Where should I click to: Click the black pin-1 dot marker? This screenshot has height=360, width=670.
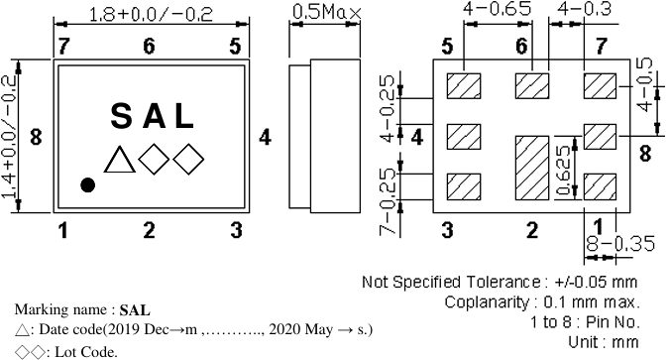click(x=88, y=184)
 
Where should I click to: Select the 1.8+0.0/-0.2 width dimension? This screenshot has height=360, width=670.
click(x=150, y=15)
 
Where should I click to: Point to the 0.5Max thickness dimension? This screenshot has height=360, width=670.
click(x=326, y=14)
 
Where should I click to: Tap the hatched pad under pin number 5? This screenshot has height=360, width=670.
click(x=464, y=85)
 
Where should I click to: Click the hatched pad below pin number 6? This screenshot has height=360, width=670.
click(x=532, y=85)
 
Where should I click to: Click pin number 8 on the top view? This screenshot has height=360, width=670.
click(x=36, y=137)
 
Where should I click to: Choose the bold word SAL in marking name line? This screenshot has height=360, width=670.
click(x=134, y=310)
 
